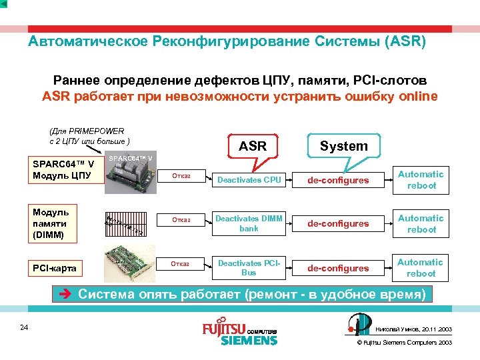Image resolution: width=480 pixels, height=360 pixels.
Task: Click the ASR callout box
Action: click(x=253, y=146)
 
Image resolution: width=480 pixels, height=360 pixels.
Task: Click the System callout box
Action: click(x=343, y=146)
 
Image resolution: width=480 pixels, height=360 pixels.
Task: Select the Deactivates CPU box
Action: click(x=249, y=180)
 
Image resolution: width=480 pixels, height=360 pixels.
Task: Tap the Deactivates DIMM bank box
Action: click(x=249, y=223)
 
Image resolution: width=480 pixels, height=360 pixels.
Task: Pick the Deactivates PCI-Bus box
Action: click(x=249, y=268)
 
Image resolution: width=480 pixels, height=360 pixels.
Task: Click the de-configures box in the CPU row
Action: click(x=337, y=180)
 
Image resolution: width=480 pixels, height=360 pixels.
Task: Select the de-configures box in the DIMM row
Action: click(x=337, y=223)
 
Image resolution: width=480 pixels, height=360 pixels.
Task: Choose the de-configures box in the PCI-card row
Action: click(x=337, y=268)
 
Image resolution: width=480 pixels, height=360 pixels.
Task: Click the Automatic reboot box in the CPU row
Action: click(x=421, y=180)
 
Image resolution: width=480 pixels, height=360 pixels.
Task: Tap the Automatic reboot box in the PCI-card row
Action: click(x=421, y=268)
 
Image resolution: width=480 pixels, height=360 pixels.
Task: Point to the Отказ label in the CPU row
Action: click(x=181, y=177)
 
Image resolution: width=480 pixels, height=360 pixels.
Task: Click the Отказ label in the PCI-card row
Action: click(x=181, y=264)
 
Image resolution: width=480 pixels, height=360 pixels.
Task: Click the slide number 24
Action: click(x=24, y=327)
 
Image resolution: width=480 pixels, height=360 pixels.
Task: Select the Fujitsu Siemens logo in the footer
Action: click(x=239, y=333)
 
